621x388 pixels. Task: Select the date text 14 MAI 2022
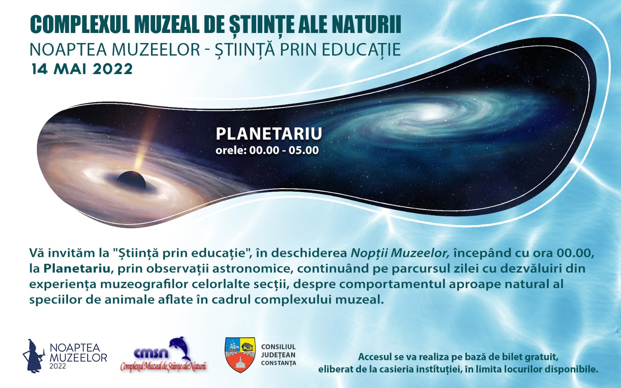point(82,69)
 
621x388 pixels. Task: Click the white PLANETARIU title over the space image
point(269,133)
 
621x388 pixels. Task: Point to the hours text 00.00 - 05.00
point(284,150)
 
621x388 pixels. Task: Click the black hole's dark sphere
point(131,180)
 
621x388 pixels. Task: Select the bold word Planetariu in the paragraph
point(77,269)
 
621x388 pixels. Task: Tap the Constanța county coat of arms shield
point(240,355)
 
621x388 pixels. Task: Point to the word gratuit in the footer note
point(541,357)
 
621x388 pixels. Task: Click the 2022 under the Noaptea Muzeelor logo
point(58,366)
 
